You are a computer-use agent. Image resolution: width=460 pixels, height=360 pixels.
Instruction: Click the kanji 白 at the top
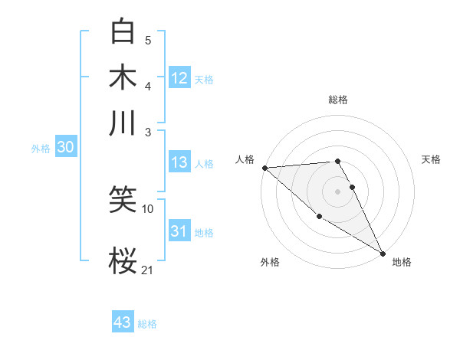[123, 31]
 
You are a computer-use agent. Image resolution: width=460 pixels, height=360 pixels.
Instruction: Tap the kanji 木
[123, 77]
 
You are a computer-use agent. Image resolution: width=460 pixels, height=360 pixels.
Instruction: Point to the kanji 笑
[123, 201]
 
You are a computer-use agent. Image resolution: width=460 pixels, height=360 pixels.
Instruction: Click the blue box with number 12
[179, 78]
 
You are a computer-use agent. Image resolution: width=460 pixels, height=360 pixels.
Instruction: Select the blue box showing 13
[179, 162]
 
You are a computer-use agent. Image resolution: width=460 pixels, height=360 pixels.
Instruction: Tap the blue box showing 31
[179, 231]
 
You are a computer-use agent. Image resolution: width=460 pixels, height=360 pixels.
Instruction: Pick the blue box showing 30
[65, 148]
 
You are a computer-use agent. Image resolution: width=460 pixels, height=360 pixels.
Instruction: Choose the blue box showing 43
[123, 322]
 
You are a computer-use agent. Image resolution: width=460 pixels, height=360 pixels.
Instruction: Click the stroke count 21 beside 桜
[147, 270]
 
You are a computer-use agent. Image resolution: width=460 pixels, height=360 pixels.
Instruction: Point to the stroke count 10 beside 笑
[148, 208]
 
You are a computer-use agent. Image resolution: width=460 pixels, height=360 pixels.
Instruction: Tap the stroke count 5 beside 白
[148, 40]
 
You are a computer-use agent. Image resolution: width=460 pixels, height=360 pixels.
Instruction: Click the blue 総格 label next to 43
[147, 324]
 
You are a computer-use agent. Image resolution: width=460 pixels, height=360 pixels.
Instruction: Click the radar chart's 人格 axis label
[245, 159]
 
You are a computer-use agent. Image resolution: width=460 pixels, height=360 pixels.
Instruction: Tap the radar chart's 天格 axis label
[431, 159]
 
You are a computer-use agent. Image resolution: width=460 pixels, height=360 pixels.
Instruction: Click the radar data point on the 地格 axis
[383, 254]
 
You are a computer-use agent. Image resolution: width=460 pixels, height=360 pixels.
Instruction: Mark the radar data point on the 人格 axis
[264, 168]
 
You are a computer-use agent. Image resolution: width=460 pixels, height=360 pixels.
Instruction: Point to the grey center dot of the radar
[337, 191]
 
